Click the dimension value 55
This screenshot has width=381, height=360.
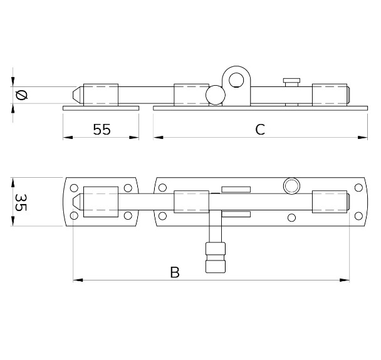pos(102,130)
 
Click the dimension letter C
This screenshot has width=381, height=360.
pos(260,130)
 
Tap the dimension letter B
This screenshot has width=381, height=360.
pos(175,272)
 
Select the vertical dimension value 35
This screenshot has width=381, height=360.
pos(21,202)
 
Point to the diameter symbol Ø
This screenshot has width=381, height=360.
pos(21,95)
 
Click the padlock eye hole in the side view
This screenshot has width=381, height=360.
pos(236,80)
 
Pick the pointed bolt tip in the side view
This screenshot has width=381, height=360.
pos(76,95)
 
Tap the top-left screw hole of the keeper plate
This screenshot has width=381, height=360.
pos(75,187)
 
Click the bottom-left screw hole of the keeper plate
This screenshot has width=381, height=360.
pos(75,216)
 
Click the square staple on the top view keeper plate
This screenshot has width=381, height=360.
pos(100,202)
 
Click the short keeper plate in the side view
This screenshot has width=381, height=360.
pos(100,108)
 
